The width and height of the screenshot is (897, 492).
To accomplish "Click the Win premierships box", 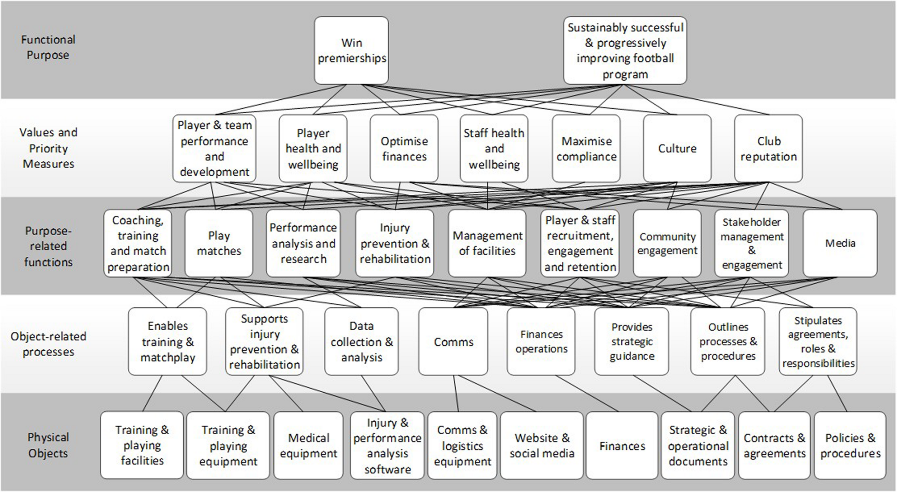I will (x=351, y=51).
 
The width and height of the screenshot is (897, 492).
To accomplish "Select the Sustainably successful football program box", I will (x=625, y=51).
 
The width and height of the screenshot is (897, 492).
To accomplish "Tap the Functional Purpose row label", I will (x=48, y=47).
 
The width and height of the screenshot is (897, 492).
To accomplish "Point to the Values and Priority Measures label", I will (x=48, y=148).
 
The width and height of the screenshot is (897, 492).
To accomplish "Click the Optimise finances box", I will (x=404, y=148).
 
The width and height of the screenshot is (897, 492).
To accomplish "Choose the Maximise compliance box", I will (x=586, y=148).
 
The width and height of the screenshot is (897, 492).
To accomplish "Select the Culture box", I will (x=677, y=148).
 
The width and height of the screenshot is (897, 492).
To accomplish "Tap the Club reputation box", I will (x=768, y=148).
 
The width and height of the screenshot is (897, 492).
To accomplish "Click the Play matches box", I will (x=219, y=243).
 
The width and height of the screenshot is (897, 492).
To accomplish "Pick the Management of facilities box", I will (x=487, y=243).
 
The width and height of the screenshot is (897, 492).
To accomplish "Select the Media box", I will (x=840, y=243).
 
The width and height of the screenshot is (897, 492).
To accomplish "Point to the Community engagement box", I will (x=667, y=243).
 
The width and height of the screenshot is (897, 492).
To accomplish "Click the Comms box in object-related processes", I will (x=453, y=342).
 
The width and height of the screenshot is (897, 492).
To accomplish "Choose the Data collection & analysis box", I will (x=361, y=342).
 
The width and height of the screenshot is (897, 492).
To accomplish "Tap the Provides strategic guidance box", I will (x=631, y=342).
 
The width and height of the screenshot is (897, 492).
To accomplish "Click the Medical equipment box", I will (x=308, y=445).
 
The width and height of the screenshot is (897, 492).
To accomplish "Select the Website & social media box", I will (x=541, y=445).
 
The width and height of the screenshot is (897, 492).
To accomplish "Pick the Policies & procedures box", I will (x=850, y=445).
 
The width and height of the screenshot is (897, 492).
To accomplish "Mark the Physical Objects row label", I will (x=48, y=445).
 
